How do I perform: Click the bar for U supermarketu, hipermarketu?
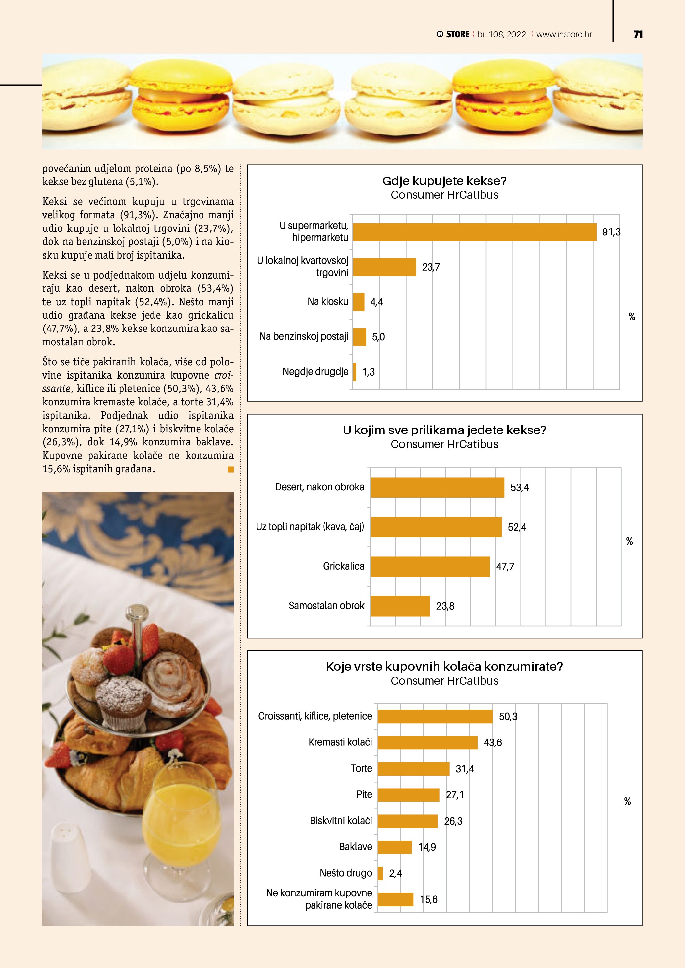[x=474, y=232]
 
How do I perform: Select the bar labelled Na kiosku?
[x=359, y=302]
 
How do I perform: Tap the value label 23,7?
[x=431, y=267]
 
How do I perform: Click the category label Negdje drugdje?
[x=315, y=372]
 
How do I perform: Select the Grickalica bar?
[x=430, y=566]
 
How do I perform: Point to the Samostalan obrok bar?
[x=400, y=606]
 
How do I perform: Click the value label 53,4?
[x=519, y=487]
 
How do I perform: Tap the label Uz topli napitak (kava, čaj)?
[x=310, y=527]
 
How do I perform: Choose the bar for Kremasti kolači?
[x=427, y=742]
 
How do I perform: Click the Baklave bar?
[x=394, y=847]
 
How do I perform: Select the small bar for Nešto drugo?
[x=380, y=873]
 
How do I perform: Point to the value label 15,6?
[x=428, y=899]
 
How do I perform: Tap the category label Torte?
[x=361, y=768]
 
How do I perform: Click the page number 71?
[x=638, y=34]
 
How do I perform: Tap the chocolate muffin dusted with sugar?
[x=123, y=702]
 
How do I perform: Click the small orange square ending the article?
[x=230, y=469]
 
